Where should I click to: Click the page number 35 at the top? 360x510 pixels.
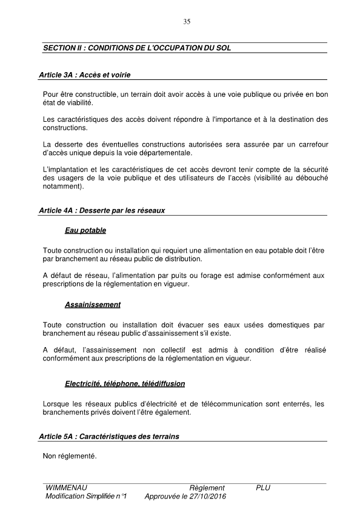187,22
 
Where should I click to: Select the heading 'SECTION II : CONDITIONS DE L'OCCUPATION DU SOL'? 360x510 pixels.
136,47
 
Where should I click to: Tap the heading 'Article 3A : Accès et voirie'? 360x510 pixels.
84,76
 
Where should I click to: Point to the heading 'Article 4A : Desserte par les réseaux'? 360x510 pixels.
101,211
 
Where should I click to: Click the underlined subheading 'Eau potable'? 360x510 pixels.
85,231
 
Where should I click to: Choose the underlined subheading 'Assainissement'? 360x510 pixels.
92,305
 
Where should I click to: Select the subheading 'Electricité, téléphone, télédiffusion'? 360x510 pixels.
124,384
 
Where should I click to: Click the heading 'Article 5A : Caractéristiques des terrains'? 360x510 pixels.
108,436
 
